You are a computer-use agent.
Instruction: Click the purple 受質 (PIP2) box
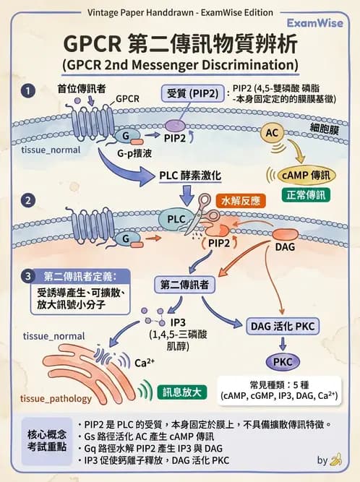click(x=193, y=94)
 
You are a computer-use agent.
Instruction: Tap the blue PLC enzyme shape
click(x=177, y=218)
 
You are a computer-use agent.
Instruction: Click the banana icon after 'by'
click(x=335, y=459)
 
